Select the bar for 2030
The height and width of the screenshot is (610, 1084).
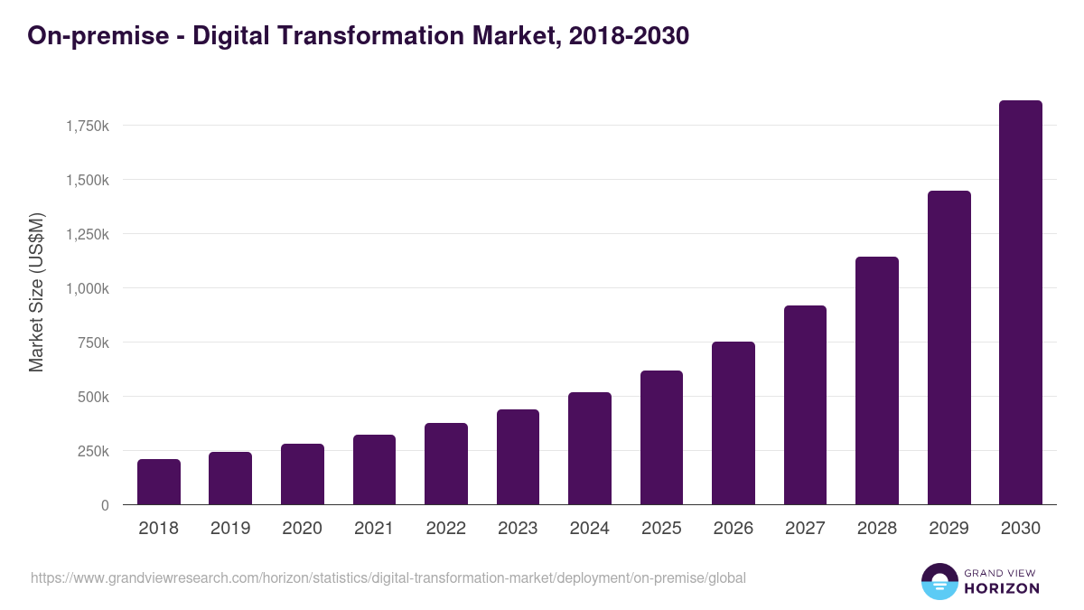coord(1020,303)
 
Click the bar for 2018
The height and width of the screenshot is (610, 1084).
coord(159,482)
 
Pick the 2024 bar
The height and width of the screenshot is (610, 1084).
coord(590,448)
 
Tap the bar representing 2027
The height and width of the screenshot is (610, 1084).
coord(805,405)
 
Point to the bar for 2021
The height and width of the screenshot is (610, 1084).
coord(374,470)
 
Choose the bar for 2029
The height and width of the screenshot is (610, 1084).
coord(948,348)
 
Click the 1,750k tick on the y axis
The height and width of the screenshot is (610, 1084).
coord(88,126)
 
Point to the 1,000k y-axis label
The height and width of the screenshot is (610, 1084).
coord(88,288)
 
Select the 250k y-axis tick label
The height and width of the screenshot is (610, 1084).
coord(93,451)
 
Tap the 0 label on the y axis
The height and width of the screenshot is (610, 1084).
coord(105,505)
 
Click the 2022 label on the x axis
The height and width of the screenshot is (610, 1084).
coord(445,529)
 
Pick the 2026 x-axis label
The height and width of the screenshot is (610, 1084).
coord(733,529)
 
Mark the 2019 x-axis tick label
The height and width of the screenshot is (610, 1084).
coord(230,529)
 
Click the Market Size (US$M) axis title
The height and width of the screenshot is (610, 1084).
coord(36,293)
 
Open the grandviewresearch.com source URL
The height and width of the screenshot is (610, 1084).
coord(388,577)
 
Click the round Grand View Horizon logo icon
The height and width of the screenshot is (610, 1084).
coord(939,581)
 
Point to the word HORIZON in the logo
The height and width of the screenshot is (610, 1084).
coord(1002,588)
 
